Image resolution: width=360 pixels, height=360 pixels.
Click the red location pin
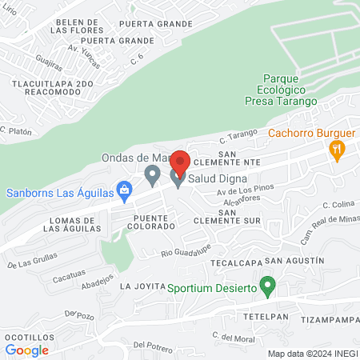coord(179,162)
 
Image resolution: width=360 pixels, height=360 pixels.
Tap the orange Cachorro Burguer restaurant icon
coord(337,148)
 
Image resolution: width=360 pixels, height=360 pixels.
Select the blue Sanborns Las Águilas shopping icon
coord(124,190)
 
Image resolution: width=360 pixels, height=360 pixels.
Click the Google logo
coord(27,350)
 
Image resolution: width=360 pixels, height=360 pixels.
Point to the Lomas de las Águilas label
coord(73,224)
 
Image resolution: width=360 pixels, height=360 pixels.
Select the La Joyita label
coord(142,286)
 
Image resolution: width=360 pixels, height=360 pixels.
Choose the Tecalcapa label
coord(234,262)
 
